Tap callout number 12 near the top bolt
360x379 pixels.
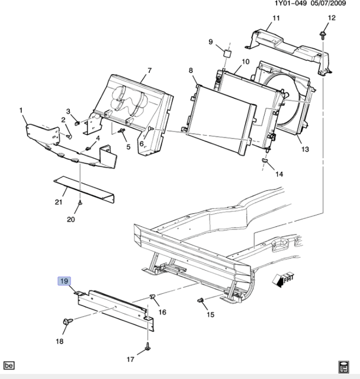[331, 18]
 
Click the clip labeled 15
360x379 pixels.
[201, 301]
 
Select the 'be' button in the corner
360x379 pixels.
[8, 364]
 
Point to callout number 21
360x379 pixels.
[59, 202]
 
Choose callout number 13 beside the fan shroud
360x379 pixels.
[305, 150]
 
